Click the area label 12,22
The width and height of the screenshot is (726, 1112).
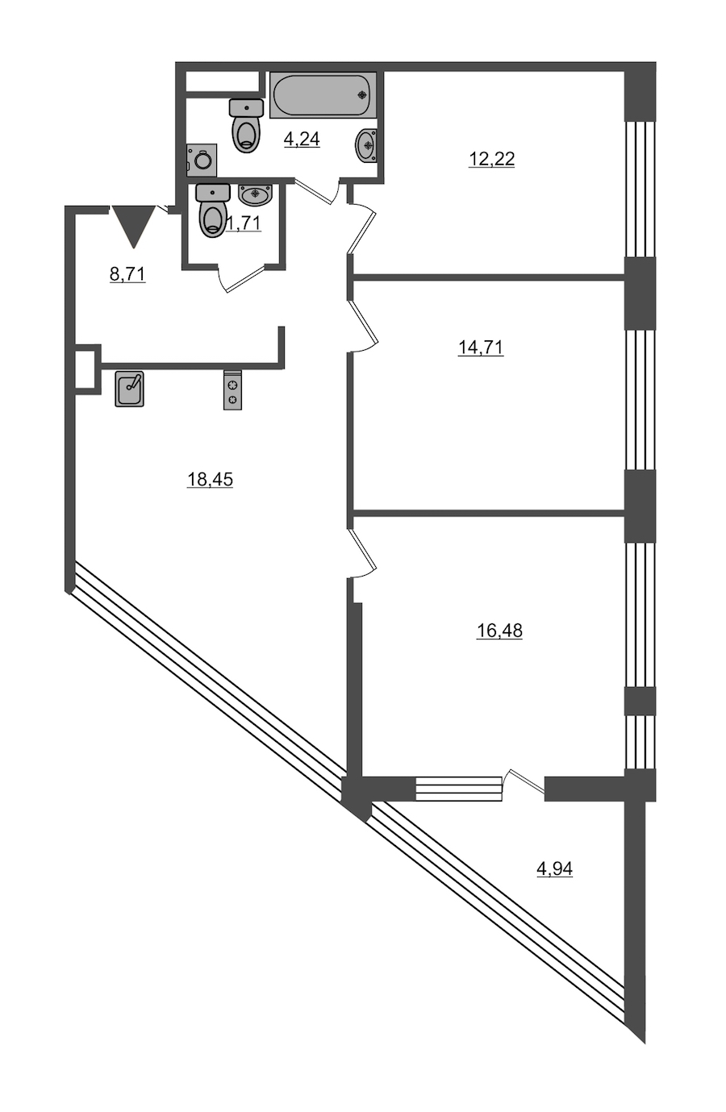pyautogui.click(x=491, y=160)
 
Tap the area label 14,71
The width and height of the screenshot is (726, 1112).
pyautogui.click(x=480, y=348)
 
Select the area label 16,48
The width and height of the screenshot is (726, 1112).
pyautogui.click(x=499, y=631)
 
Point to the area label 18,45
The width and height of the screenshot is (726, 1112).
pyautogui.click(x=210, y=479)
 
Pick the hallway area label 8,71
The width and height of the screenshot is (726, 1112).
pyautogui.click(x=127, y=273)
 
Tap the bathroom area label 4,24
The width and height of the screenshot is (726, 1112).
pyautogui.click(x=302, y=140)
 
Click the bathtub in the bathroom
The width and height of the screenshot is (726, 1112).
pyautogui.click(x=323, y=95)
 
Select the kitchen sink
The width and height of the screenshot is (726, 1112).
pyautogui.click(x=129, y=389)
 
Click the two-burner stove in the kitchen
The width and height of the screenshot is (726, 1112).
pyautogui.click(x=232, y=389)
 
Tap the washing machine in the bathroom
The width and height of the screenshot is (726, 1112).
pyautogui.click(x=202, y=160)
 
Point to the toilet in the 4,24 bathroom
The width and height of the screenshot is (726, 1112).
pyautogui.click(x=246, y=126)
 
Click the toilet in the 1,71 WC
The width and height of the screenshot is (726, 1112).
pyautogui.click(x=213, y=210)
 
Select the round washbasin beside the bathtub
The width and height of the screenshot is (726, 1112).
pyautogui.click(x=366, y=144)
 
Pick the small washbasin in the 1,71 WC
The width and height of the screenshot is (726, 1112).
pyautogui.click(x=255, y=194)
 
